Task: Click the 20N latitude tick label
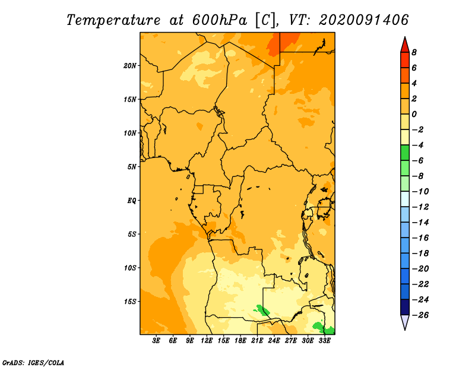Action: click(x=130, y=66)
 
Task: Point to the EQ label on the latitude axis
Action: click(x=132, y=201)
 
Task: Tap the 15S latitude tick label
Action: click(x=130, y=302)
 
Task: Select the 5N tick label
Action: click(x=132, y=167)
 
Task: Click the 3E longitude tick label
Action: click(x=156, y=341)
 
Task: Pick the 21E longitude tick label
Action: click(x=257, y=341)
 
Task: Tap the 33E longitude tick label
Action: click(x=324, y=341)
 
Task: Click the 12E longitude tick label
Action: click(x=206, y=341)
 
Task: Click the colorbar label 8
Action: click(x=414, y=52)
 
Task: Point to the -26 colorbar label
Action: click(x=420, y=315)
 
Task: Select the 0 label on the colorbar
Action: click(x=414, y=114)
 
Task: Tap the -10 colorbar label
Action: click(x=420, y=192)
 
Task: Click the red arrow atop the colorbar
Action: click(x=405, y=45)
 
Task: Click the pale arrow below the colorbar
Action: click(x=405, y=322)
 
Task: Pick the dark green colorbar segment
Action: click(x=405, y=153)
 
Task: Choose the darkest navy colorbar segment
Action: click(x=405, y=307)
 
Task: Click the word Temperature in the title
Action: click(x=113, y=20)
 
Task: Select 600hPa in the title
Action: click(x=219, y=20)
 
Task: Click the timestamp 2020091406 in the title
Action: click(x=363, y=20)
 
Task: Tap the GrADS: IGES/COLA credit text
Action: click(x=33, y=362)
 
